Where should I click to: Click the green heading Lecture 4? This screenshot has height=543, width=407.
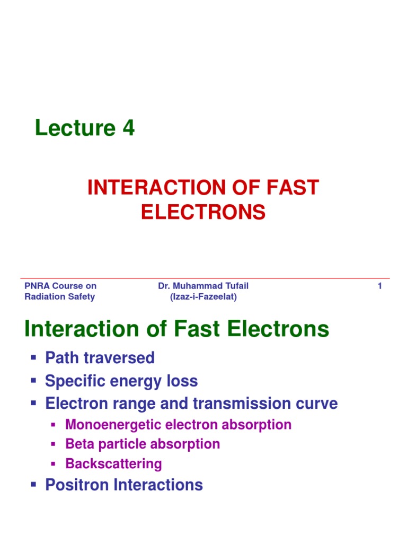[85, 128]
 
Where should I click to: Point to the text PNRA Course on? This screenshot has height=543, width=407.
[60, 286]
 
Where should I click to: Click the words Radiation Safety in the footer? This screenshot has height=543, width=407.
[60, 297]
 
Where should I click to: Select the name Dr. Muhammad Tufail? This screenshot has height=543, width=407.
[203, 286]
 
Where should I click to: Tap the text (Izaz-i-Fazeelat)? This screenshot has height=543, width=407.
[203, 297]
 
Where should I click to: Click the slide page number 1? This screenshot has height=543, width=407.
[379, 286]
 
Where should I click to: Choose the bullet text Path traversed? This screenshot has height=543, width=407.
[100, 358]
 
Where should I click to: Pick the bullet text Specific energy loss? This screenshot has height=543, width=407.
[121, 381]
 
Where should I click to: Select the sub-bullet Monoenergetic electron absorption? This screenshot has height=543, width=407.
[178, 425]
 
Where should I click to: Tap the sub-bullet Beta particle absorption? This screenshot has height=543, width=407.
[143, 444]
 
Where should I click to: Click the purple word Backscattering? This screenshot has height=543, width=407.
[113, 464]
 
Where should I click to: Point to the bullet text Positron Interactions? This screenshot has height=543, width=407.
[124, 485]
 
